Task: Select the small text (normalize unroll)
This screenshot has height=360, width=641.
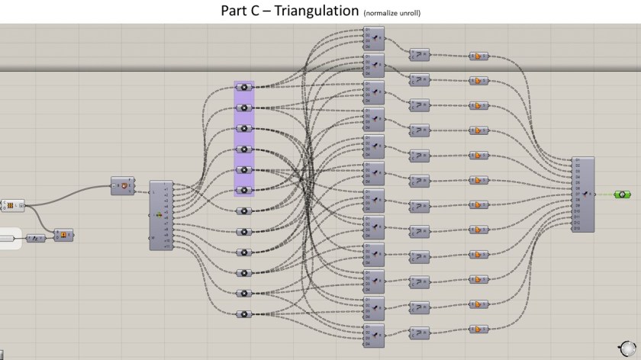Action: click(391, 14)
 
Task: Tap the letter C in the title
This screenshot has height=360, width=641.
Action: click(266, 11)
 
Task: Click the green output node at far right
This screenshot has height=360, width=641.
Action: click(622, 194)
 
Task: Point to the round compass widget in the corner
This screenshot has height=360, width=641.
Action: click(627, 347)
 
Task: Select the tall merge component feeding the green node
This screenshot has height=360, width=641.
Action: click(582, 194)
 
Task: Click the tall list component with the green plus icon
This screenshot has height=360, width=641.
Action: click(161, 215)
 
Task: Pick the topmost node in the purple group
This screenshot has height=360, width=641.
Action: click(244, 88)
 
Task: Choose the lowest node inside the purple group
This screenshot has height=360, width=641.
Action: click(244, 190)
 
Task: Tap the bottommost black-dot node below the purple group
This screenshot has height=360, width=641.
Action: click(244, 313)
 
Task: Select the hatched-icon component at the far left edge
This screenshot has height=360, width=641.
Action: click(13, 205)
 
